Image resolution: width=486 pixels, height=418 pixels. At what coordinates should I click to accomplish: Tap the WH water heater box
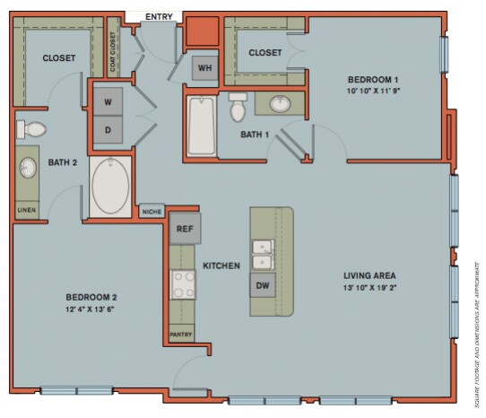pos(204,68)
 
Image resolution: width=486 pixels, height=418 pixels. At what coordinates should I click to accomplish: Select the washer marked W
pos(108,101)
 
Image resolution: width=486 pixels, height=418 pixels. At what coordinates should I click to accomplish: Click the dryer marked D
pos(108,129)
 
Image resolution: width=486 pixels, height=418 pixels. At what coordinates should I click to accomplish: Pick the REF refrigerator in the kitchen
pos(185,229)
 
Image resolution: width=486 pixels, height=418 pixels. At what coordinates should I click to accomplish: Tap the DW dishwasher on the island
pos(263,286)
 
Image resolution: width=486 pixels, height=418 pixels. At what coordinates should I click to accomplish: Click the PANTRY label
pos(181,335)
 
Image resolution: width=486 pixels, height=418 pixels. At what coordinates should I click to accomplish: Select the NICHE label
pos(152,213)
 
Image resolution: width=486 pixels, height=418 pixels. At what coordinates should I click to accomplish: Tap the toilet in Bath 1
pos(238,107)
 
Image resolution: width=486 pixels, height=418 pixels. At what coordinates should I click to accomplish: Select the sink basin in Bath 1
pos(281,104)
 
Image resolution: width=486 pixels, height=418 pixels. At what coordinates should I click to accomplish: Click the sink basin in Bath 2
pos(27,168)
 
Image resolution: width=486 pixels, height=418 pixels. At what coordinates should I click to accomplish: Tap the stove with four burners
pos(184,285)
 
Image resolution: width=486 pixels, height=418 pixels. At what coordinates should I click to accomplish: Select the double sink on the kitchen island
pos(262,254)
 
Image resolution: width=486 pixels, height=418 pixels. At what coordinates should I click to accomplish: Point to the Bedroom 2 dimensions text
pos(91,309)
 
